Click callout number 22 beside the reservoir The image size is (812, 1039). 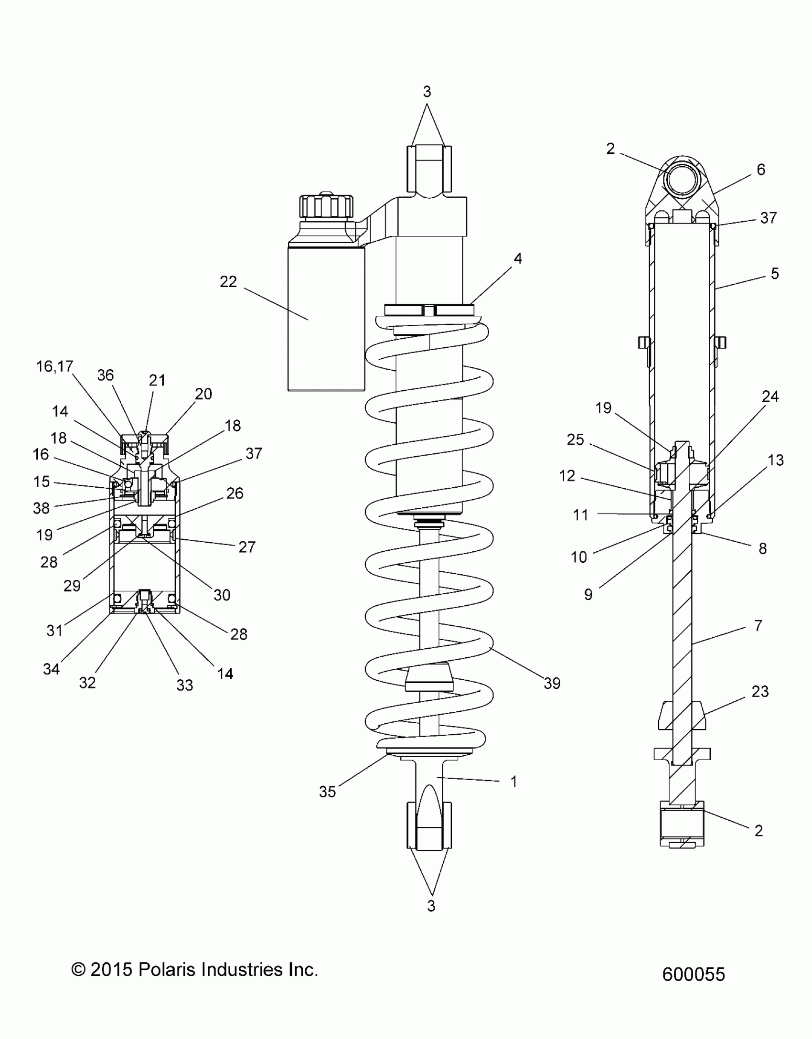pyautogui.click(x=228, y=282)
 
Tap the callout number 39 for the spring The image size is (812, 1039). pyautogui.click(x=552, y=684)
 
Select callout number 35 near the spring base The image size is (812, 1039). pyautogui.click(x=327, y=792)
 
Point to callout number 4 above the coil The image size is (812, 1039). pyautogui.click(x=518, y=258)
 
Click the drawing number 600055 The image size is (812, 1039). pyautogui.click(x=694, y=975)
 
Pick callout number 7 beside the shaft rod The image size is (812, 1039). pyautogui.click(x=758, y=625)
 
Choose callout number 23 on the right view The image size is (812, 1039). pyautogui.click(x=760, y=691)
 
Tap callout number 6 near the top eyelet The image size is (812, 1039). pyautogui.click(x=761, y=170)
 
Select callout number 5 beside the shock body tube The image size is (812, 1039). pyautogui.click(x=775, y=274)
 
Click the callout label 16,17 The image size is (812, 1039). pyautogui.click(x=55, y=366)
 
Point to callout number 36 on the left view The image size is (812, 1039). pyautogui.click(x=106, y=375)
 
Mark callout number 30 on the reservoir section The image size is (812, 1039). pyautogui.click(x=222, y=595)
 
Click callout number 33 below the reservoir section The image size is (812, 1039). pyautogui.click(x=184, y=685)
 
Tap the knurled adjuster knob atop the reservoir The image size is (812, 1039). pyautogui.click(x=326, y=206)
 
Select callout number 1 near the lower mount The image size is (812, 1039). pyautogui.click(x=514, y=782)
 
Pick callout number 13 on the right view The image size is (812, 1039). pyautogui.click(x=776, y=460)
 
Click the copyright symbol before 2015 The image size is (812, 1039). pyautogui.click(x=78, y=970)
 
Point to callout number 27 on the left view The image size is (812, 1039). pyautogui.click(x=246, y=547)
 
